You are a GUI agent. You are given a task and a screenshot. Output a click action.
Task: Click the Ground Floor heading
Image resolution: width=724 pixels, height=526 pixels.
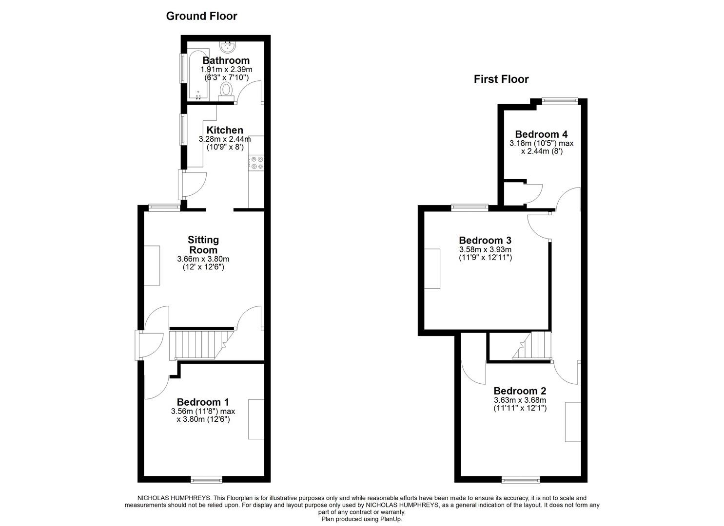coord(201,16)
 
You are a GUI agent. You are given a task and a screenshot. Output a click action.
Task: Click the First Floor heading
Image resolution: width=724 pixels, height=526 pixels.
coord(501,79)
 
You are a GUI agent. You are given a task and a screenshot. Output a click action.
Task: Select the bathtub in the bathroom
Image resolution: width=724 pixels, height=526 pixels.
coord(198,74)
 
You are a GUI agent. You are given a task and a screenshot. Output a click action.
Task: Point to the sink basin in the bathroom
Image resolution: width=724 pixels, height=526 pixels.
coord(228,47)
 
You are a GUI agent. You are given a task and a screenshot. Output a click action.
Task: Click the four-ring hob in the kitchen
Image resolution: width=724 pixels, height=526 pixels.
coord(256,163)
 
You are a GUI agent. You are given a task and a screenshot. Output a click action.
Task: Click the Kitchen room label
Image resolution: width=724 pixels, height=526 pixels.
coord(225,130)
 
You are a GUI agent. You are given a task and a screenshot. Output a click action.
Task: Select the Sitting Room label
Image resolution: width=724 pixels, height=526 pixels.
coord(203,244)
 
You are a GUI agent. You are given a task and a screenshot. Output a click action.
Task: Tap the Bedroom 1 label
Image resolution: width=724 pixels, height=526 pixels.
coord(203,402)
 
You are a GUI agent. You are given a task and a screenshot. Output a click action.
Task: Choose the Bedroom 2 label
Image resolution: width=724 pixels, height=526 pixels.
coord(520,391)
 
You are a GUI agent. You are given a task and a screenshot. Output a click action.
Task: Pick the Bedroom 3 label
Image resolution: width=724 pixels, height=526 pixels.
coord(485,240)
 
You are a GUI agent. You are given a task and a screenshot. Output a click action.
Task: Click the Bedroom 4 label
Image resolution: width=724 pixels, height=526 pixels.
coord(541,134)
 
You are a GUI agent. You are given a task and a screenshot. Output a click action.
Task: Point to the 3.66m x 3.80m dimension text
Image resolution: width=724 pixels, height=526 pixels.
coord(203,259)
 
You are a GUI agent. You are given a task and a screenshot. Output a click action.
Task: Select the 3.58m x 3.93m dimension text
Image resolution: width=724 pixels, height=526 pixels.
coord(485,249)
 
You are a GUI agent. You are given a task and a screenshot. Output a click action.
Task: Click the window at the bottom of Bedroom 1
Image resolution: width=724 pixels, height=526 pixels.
coord(204,480)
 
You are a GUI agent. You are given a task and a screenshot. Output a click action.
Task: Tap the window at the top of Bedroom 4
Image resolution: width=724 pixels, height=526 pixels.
coord(560,101)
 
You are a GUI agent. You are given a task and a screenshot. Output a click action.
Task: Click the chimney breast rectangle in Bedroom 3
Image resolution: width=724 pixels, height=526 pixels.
coord(432,268)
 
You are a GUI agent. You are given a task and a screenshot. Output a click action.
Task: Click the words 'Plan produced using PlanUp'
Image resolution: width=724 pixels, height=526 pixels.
coord(362,519)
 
